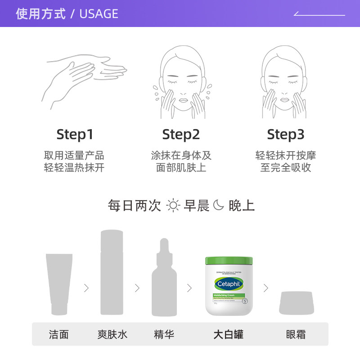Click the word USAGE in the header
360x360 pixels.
pos(99,14)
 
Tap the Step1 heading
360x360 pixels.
pos(75,134)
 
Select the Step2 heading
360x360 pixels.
pos(181,134)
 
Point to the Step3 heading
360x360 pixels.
pos(286,134)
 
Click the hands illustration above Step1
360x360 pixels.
pos(84,81)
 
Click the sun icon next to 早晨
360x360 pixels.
pos(173,206)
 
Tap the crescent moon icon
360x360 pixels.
pos(218,206)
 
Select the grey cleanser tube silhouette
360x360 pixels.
pos(59,283)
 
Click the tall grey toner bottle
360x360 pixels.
pos(112,272)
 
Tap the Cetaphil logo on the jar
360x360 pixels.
pos(229,284)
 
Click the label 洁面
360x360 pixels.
pos(59,334)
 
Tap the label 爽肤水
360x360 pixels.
pos(112,334)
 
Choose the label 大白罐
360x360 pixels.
pos(228,334)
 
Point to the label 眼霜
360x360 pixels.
pos(296,334)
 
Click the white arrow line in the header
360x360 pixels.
pos(319,14)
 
